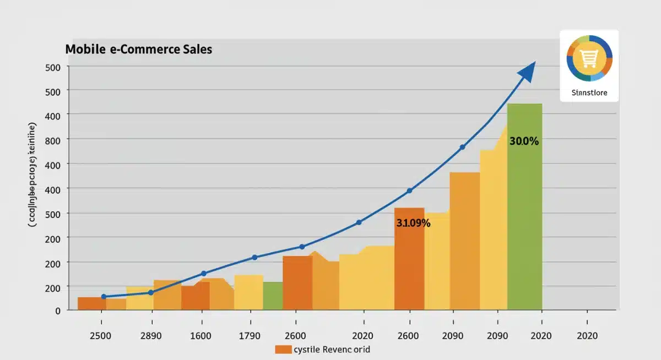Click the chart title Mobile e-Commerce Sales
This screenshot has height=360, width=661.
coord(138,49)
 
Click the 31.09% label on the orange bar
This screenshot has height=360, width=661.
coord(413,223)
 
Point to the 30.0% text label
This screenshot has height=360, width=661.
coord(524,141)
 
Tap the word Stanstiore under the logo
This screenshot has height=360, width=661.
coord(589,92)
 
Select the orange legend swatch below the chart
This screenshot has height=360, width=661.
coord(283,349)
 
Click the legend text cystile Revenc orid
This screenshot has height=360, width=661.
coord(332,349)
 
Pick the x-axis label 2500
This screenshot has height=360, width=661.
coord(101,336)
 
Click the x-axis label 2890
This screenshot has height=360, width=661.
coord(151,336)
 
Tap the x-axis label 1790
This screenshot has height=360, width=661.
coord(252,336)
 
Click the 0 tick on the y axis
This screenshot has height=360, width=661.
coord(57,310)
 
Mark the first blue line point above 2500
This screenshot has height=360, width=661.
coord(104,297)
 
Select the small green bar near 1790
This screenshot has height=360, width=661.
coord(273,296)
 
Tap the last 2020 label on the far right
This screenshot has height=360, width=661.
coord(587,336)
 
